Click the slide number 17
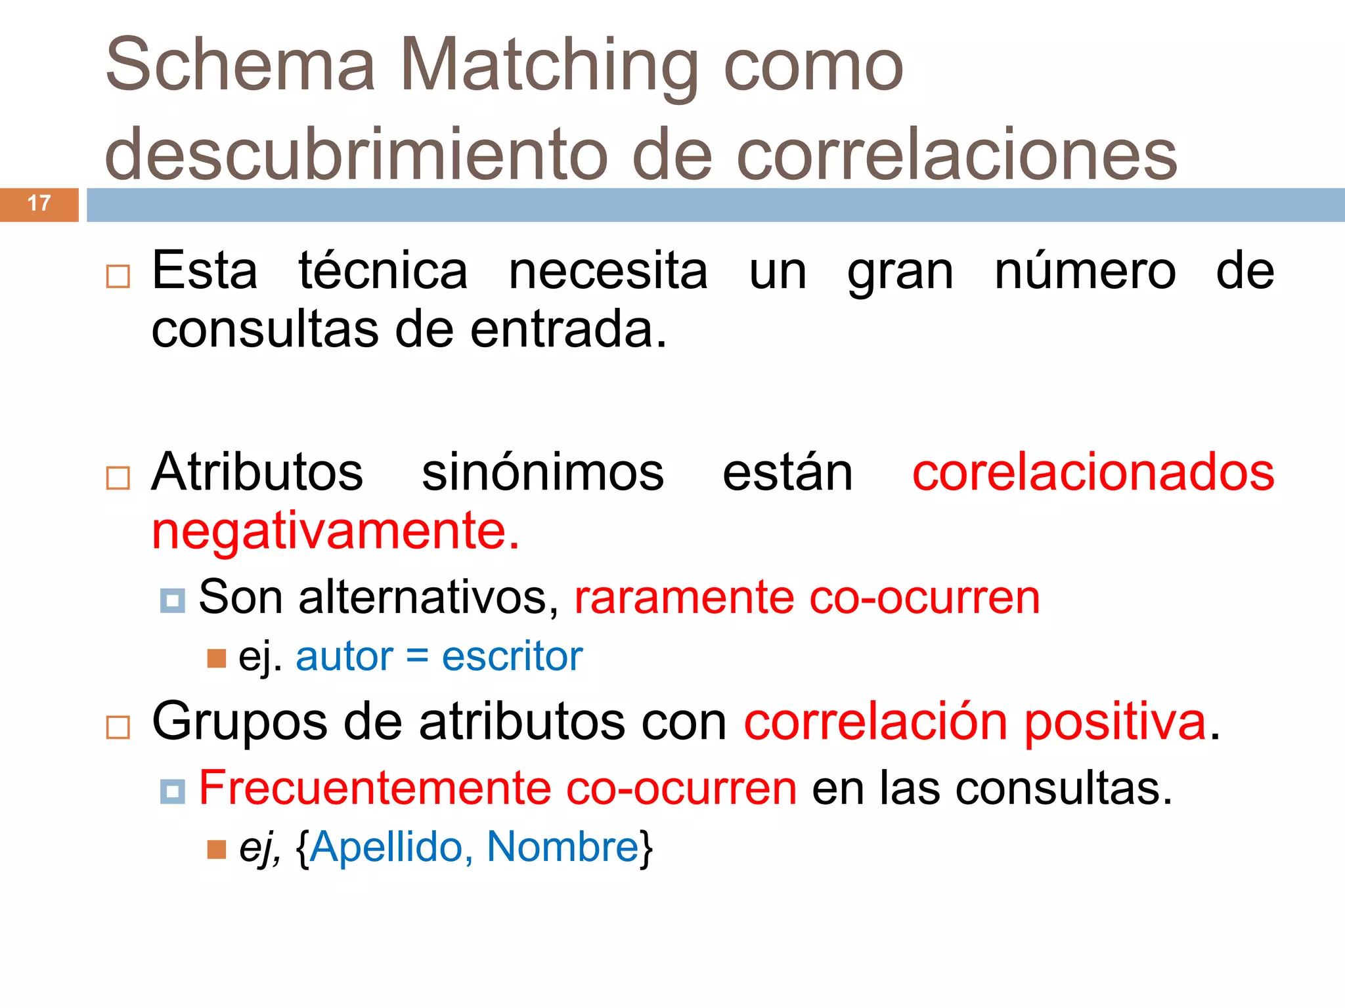pos(39,203)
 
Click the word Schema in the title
pos(240,66)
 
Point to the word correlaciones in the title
pos(957,155)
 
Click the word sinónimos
pos(542,472)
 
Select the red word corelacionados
pos(1093,472)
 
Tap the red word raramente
pos(684,597)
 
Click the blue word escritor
pos(512,656)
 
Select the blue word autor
pos(344,656)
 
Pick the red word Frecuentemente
pos(374,787)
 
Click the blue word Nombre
pos(563,847)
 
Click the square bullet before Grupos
pos(118,728)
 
